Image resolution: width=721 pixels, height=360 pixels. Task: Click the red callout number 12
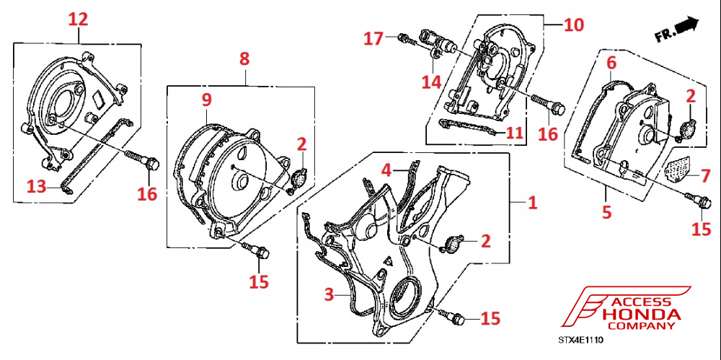[x=78, y=19]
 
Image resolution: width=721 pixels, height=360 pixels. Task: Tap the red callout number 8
[x=244, y=58]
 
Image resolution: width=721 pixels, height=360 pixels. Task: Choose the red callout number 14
[x=431, y=82]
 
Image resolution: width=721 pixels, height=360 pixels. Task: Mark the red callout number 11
[x=515, y=133]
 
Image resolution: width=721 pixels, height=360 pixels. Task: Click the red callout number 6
[x=611, y=63]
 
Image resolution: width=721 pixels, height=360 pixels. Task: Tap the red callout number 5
[x=606, y=212]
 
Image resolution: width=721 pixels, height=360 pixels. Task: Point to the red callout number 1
[x=533, y=203]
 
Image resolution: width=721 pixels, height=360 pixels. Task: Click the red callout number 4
[x=386, y=171]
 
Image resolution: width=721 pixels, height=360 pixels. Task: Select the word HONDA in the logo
[x=641, y=315]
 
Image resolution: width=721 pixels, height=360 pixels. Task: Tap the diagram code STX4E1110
[x=580, y=338]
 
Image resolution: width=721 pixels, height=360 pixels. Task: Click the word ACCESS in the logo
[x=640, y=302]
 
